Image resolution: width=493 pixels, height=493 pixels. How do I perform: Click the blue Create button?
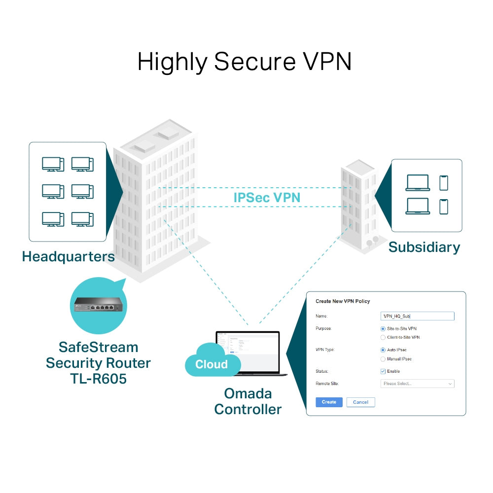(329, 402)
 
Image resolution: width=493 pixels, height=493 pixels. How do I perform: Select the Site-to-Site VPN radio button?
(383, 328)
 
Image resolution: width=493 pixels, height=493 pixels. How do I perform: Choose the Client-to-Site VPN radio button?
(383, 337)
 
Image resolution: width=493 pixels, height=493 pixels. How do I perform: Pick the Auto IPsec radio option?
(383, 350)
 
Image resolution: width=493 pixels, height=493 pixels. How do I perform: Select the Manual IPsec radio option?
(383, 359)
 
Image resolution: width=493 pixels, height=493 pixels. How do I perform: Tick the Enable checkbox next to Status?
(383, 371)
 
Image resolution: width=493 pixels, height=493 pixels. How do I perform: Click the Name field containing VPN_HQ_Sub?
(418, 316)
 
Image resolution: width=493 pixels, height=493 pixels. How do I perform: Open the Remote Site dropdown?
(418, 384)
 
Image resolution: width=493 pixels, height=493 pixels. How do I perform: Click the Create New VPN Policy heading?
(343, 301)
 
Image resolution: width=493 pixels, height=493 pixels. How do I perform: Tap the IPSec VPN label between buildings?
(267, 198)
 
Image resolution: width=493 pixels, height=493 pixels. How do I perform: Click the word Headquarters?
(68, 256)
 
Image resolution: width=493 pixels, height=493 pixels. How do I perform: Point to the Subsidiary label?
(424, 247)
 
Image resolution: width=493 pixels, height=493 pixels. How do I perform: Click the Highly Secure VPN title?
(245, 62)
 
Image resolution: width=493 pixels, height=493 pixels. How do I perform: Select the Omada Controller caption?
(248, 401)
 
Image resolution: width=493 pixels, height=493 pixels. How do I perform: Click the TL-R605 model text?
(98, 379)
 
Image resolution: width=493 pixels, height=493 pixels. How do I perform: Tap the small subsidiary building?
(358, 207)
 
